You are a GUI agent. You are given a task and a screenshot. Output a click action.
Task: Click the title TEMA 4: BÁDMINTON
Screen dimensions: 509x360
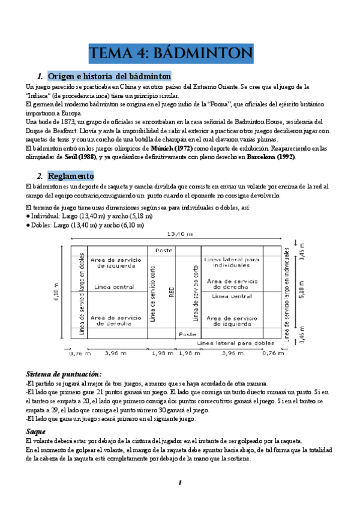point(171,53)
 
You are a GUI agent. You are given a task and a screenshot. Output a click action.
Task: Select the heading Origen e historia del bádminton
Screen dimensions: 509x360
point(109,76)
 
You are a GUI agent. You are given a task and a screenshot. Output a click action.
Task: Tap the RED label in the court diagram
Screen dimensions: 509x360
point(172,292)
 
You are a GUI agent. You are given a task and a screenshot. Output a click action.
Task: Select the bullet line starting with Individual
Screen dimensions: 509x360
point(89,216)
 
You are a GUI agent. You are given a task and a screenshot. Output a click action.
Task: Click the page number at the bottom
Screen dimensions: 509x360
point(179,483)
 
